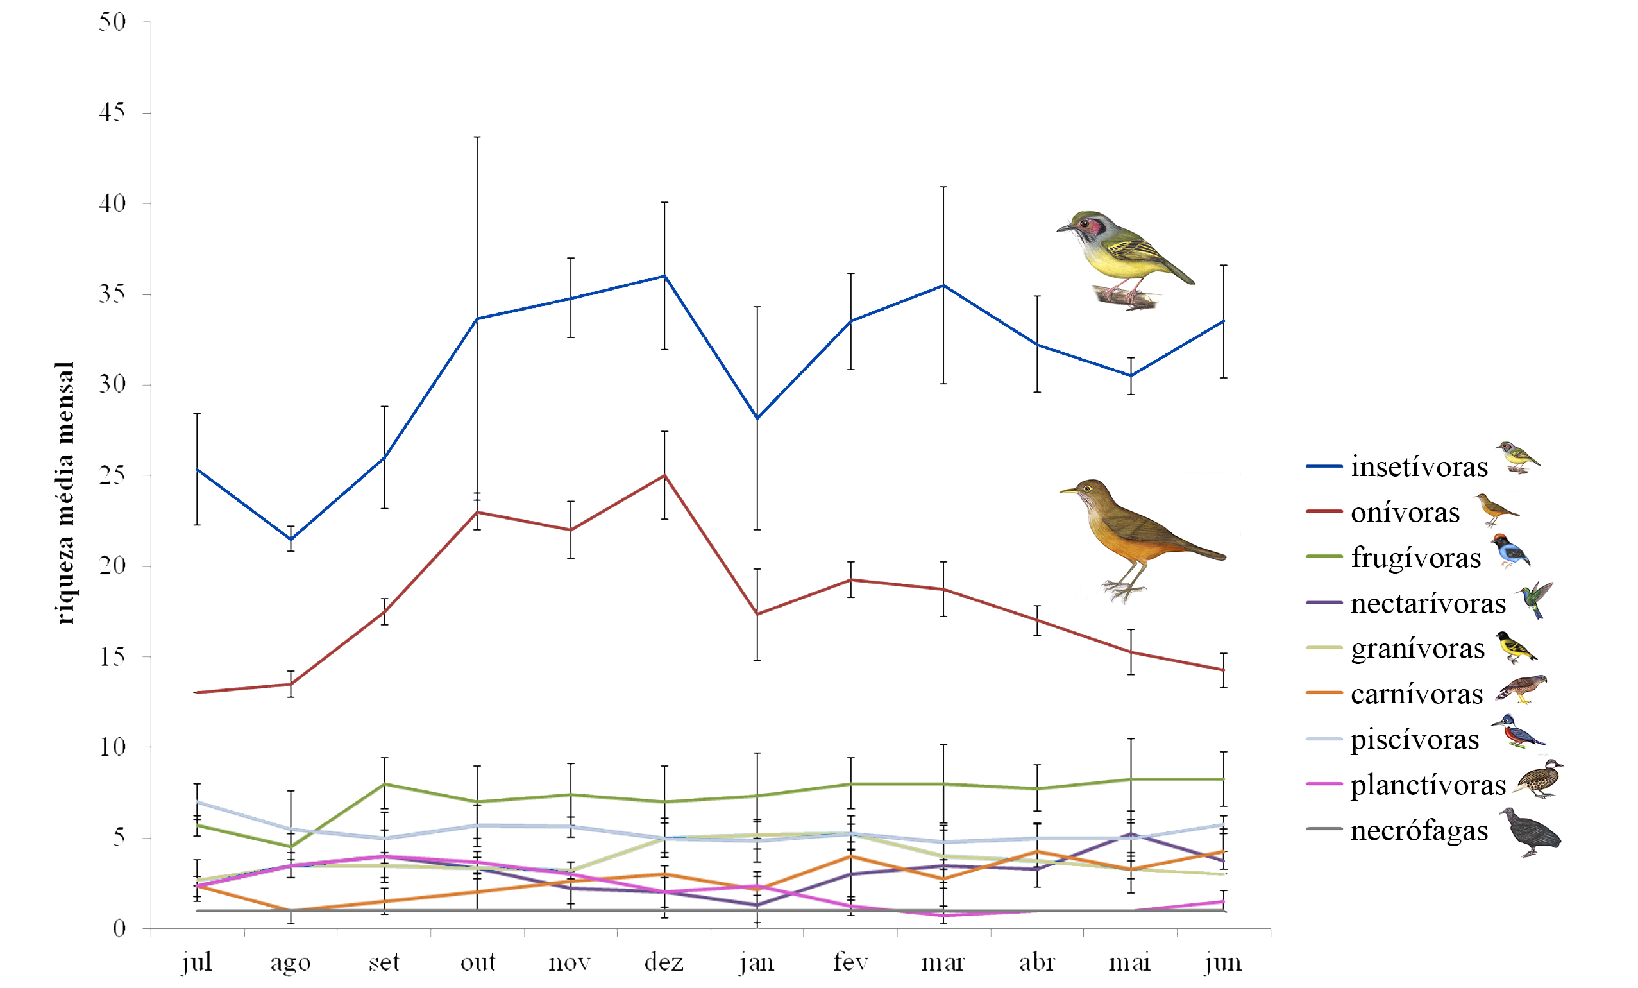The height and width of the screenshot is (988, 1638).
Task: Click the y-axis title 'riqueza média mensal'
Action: pos(65,493)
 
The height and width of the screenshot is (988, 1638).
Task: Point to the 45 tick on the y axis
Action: pos(112,112)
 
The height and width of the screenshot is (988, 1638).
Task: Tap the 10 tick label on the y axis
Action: pos(112,747)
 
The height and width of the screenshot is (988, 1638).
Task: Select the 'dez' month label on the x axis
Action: pos(663,962)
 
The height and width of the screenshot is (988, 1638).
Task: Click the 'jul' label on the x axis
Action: pos(197,962)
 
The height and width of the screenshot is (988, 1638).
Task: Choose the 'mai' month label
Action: pos(1129,962)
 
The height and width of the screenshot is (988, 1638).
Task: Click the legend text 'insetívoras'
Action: pos(1419,467)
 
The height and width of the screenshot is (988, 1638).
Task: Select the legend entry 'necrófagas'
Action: pos(1419,830)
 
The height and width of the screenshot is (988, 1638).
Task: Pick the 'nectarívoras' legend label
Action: pos(1428,603)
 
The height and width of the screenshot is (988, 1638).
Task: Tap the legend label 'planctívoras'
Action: pos(1428,785)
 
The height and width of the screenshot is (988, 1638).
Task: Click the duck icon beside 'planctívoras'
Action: pos(1539,779)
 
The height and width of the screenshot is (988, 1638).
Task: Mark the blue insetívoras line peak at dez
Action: pos(664,276)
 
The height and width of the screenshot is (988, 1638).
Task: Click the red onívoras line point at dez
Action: pos(664,475)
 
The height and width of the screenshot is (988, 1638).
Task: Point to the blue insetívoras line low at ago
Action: pos(291,539)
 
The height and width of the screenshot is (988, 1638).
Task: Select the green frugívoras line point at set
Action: pos(384,784)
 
